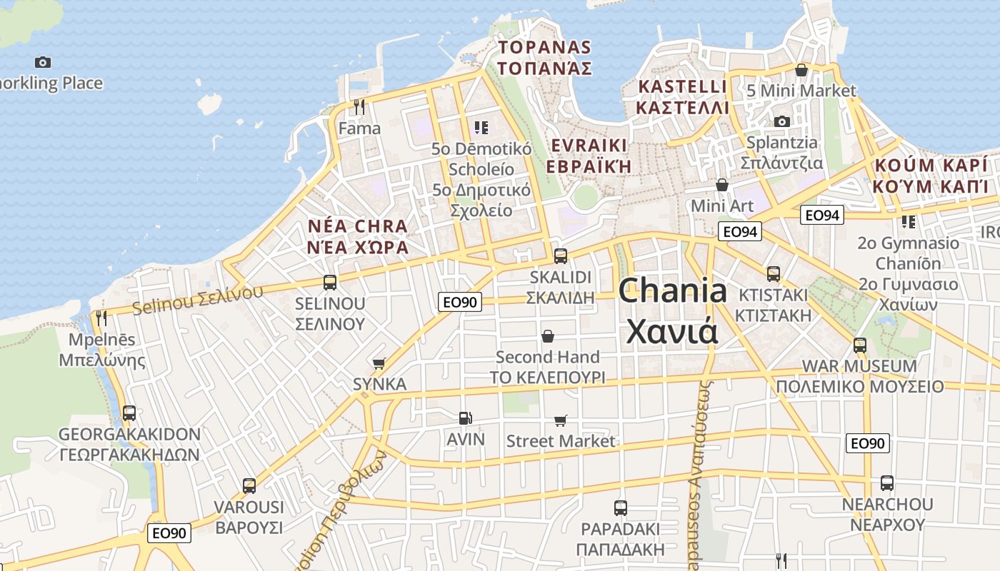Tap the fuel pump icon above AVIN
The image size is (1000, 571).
click(466, 418)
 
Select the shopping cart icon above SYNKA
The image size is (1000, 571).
click(379, 364)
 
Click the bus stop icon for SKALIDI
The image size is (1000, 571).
click(561, 256)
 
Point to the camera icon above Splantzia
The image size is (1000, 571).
click(782, 121)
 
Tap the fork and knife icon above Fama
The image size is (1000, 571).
click(359, 107)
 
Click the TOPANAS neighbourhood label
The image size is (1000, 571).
click(545, 58)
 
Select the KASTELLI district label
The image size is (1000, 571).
click(683, 97)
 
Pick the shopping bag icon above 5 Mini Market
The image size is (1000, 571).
click(801, 70)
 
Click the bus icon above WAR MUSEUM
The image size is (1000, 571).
click(860, 345)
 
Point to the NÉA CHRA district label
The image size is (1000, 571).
click(358, 237)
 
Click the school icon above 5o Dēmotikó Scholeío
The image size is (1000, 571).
click(481, 128)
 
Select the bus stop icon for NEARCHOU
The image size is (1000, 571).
click(887, 483)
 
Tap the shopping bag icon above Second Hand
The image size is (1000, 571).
click(548, 335)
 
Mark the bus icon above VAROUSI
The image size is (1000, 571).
click(249, 486)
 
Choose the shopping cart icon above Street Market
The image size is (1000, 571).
click(561, 421)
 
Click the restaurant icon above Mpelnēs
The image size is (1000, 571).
click(101, 318)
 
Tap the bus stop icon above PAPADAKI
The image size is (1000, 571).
click(621, 508)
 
